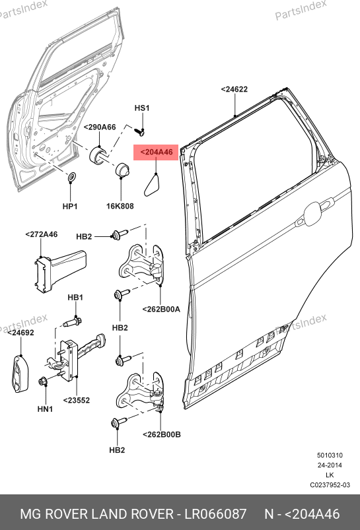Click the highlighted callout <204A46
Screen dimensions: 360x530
coord(156,152)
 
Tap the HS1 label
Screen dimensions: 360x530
coord(142,108)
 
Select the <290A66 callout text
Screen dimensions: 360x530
coord(100,127)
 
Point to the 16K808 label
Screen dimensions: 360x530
coord(120,206)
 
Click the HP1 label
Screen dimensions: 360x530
coord(70,206)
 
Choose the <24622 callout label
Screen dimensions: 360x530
coord(234,89)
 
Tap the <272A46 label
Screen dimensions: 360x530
coord(42,234)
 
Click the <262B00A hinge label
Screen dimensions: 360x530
coord(161,309)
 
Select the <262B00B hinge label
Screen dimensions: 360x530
coord(162,434)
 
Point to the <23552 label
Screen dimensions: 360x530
coord(77,401)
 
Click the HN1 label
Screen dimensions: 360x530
coord(45,409)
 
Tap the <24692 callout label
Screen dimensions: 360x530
coord(20,333)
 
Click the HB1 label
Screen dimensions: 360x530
coord(75,298)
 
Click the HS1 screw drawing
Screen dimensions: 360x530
coord(139,131)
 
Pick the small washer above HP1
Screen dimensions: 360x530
coord(71,177)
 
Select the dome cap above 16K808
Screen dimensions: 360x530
coord(122,169)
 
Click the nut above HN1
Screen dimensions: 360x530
coord(43,381)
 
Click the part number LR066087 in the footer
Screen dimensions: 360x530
coord(215,513)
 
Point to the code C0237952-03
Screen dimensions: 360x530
coord(330,485)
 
